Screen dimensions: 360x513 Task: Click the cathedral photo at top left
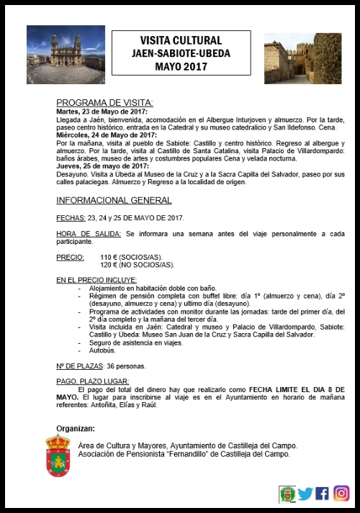(64, 55)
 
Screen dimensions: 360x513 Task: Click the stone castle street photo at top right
(302, 58)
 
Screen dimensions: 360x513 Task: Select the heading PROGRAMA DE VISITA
(104, 103)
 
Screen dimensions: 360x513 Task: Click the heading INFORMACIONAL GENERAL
(114, 200)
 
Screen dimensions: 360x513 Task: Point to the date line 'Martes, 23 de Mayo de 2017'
(102, 112)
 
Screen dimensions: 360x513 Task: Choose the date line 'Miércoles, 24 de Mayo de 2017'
(106, 135)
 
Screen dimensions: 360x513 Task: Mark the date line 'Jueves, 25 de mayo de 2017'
(102, 165)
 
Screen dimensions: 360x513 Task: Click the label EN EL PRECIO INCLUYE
(96, 279)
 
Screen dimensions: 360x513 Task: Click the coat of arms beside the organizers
(58, 456)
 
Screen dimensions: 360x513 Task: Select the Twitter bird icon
(305, 494)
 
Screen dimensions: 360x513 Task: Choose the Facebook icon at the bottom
(323, 494)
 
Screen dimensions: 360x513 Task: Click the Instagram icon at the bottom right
(341, 494)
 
